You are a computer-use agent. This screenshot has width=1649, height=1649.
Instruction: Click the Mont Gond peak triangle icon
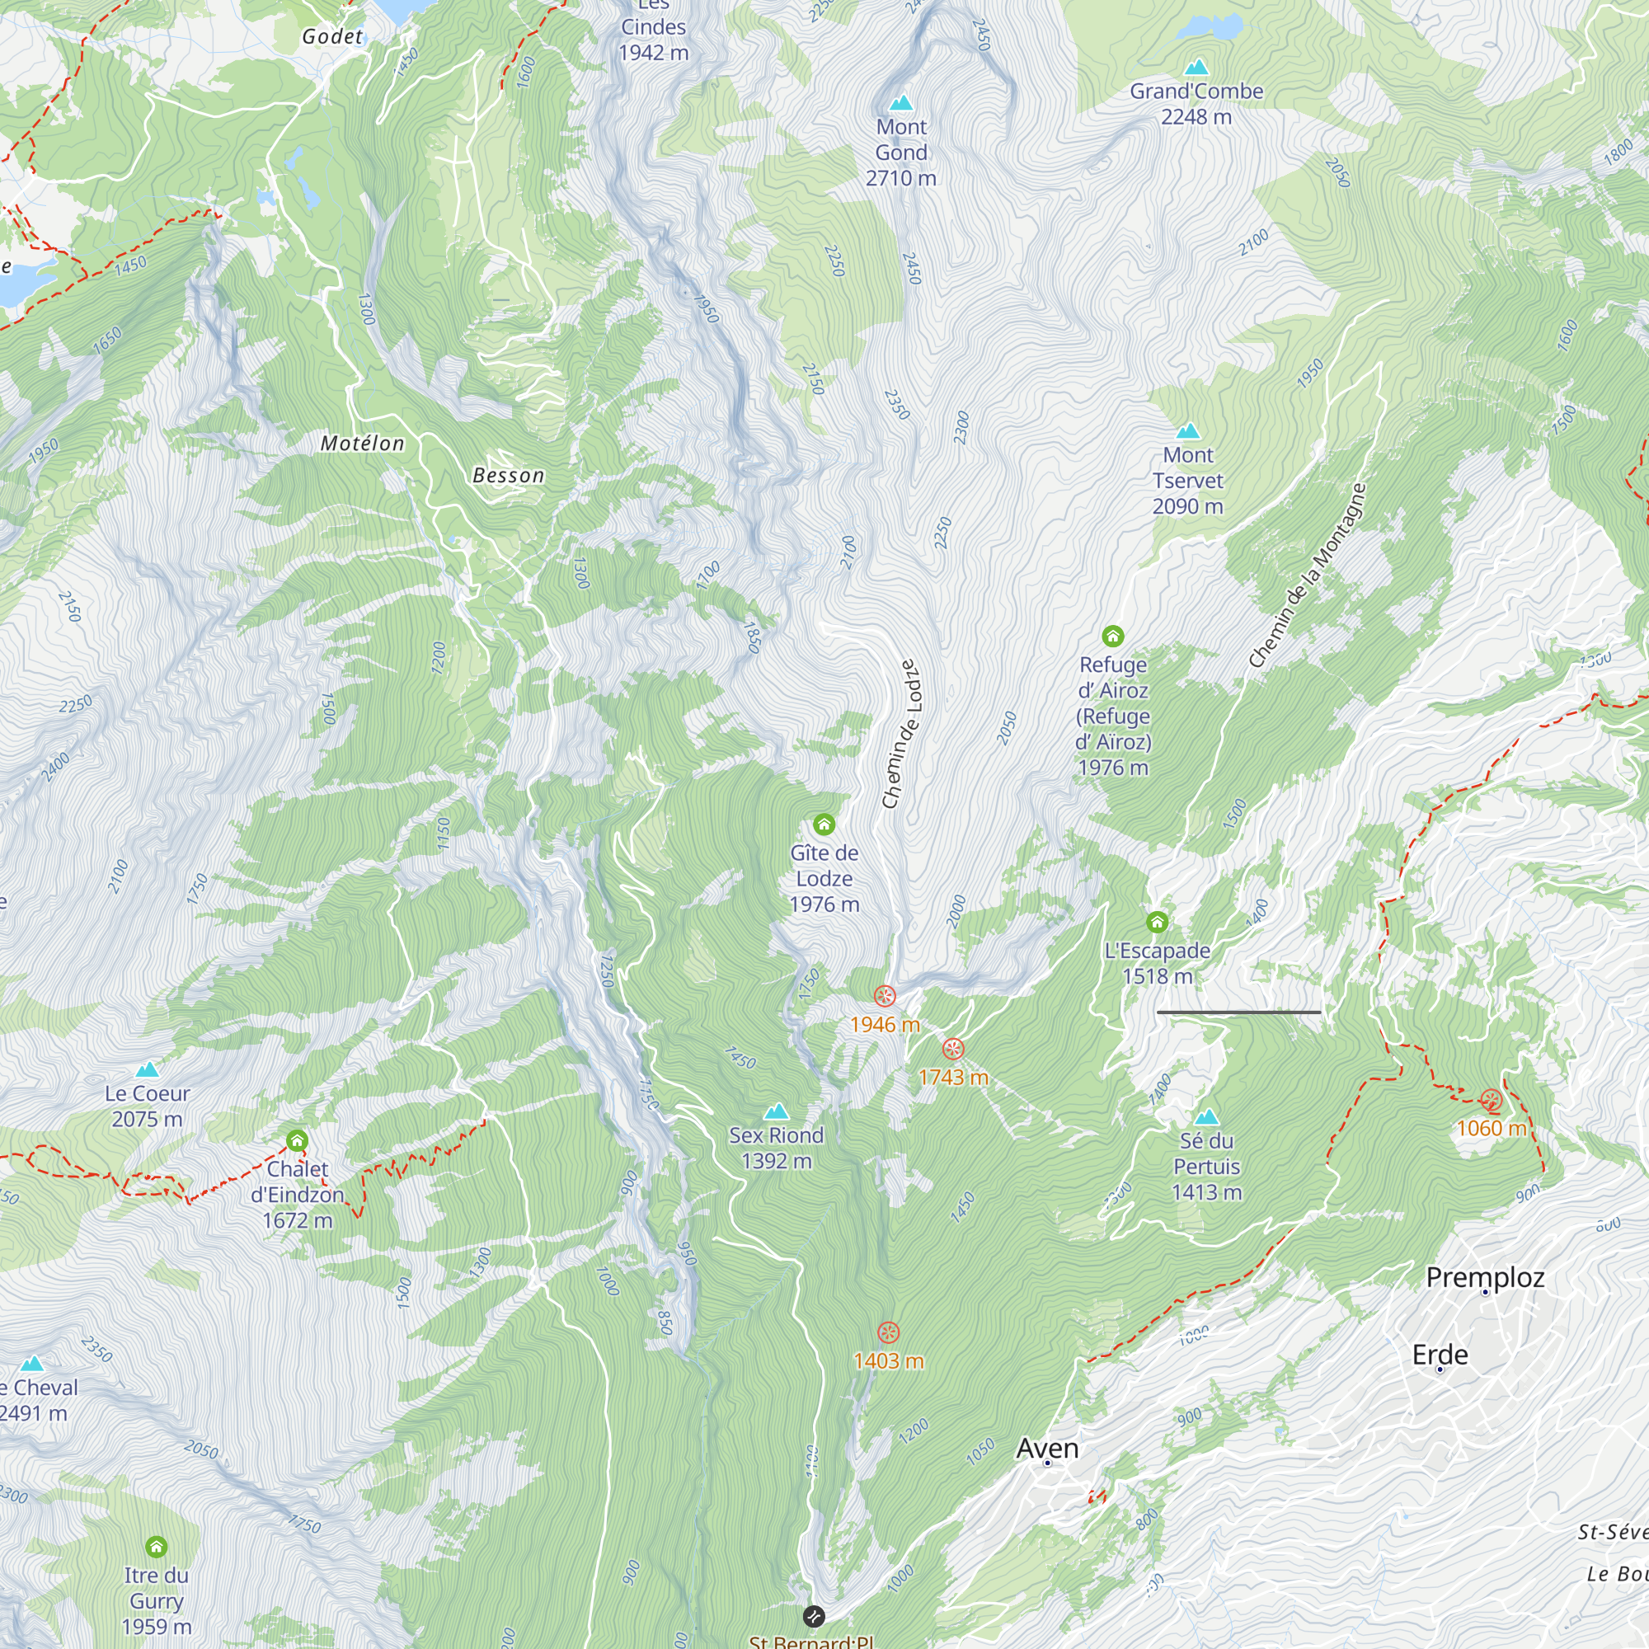click(x=901, y=104)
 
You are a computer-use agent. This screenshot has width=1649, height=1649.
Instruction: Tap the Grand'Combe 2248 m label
click(x=1196, y=103)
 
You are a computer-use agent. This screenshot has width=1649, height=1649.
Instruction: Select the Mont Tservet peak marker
click(x=1188, y=432)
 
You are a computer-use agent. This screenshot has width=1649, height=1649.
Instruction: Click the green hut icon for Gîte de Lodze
click(x=824, y=824)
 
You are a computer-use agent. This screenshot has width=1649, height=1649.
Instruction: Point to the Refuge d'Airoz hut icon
click(x=1112, y=636)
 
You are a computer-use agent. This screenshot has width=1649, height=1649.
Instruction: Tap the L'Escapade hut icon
click(x=1157, y=922)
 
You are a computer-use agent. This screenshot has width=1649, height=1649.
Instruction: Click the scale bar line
click(x=1238, y=1012)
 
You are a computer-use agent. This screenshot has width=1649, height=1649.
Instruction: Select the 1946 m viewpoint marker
click(x=885, y=996)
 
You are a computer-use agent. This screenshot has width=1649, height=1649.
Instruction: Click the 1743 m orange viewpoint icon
click(x=953, y=1049)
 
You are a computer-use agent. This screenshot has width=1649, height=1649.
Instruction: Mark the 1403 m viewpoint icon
click(x=889, y=1332)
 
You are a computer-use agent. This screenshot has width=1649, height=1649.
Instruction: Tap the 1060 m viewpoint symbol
click(x=1491, y=1100)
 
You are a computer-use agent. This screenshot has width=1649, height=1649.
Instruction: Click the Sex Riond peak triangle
click(x=776, y=1111)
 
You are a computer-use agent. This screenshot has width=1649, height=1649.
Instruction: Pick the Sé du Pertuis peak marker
click(x=1206, y=1117)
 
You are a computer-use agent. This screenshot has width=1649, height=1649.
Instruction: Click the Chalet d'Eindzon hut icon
click(x=297, y=1140)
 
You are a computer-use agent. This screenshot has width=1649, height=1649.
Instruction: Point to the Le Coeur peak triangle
click(x=148, y=1069)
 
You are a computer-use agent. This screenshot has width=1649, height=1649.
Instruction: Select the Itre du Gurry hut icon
click(x=156, y=1547)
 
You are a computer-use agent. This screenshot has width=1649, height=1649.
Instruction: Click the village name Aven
click(x=1047, y=1449)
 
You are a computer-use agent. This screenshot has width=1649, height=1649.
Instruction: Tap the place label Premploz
click(x=1485, y=1278)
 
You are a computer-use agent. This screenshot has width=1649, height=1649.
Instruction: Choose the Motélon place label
click(x=362, y=443)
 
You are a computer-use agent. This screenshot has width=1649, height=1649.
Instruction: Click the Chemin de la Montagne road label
click(x=1308, y=576)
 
